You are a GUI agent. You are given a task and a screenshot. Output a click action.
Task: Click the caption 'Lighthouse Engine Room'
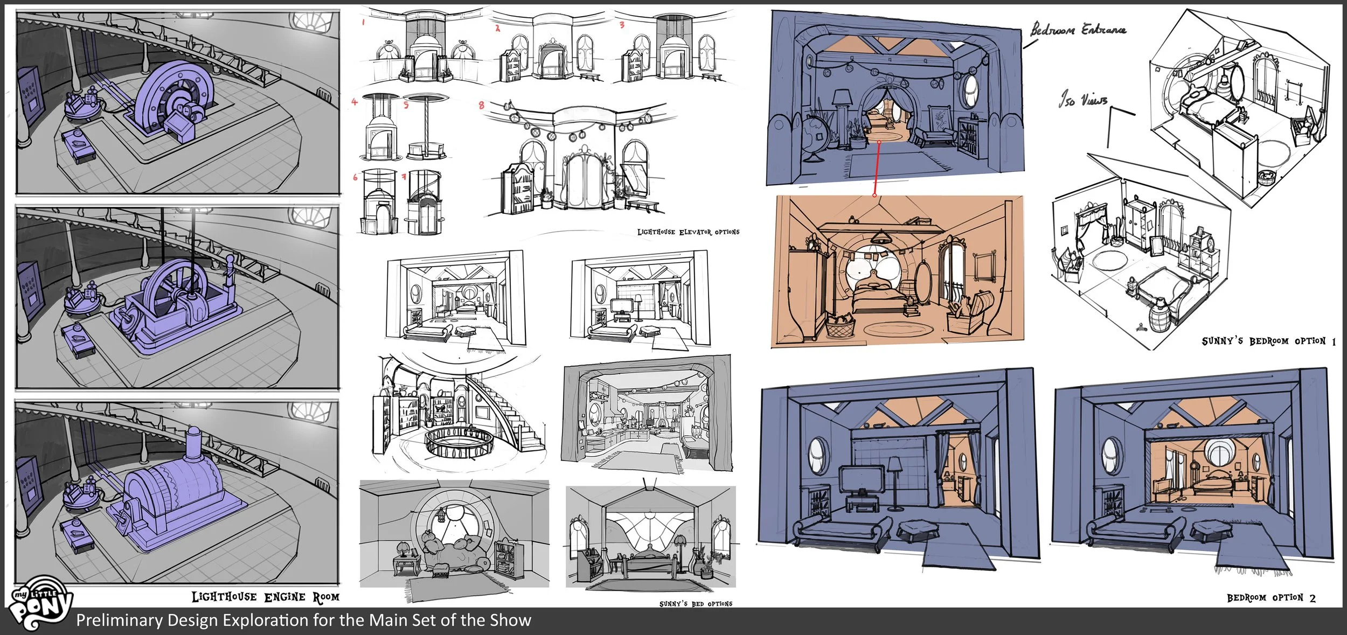[x=266, y=597]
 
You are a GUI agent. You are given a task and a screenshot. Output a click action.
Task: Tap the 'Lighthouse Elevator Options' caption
[x=688, y=232]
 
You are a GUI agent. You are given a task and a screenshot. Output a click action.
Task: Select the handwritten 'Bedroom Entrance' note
[x=1078, y=29]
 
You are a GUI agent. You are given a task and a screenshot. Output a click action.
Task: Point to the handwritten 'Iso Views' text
[x=1083, y=100]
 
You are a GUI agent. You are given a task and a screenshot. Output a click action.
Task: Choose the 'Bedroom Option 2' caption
[x=1271, y=598]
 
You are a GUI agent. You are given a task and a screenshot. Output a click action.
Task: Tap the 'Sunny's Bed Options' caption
[x=696, y=604]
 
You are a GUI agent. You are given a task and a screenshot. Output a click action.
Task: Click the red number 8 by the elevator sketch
[x=481, y=105]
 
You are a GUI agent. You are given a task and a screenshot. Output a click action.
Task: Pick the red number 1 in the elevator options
[x=364, y=22]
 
